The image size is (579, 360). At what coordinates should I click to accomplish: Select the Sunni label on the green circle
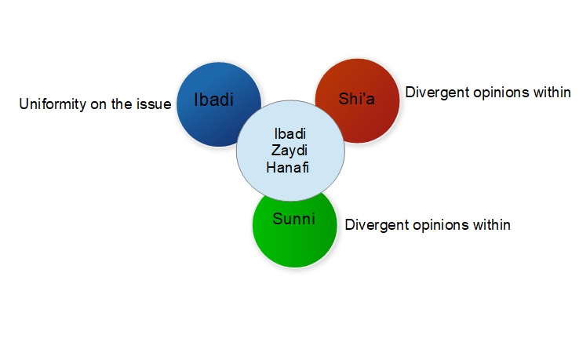click(x=293, y=218)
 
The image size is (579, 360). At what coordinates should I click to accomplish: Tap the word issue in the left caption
click(x=154, y=104)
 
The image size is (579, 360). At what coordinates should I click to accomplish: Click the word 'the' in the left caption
click(x=123, y=104)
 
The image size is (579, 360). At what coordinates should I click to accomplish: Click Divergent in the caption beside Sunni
click(x=373, y=225)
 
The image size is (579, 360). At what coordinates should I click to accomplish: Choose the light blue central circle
click(x=259, y=173)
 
